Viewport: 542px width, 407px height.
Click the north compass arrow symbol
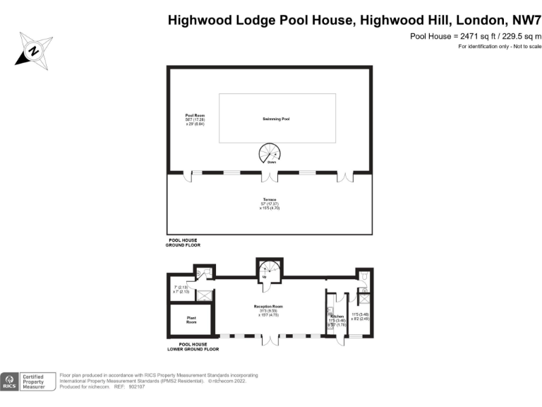[x=32, y=50]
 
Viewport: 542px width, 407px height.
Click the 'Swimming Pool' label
[x=277, y=119]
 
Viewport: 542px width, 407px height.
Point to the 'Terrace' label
[x=269, y=200]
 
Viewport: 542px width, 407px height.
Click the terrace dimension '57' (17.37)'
[x=269, y=204]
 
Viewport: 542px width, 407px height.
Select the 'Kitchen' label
[x=337, y=316]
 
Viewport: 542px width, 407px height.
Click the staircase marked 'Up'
[x=270, y=271]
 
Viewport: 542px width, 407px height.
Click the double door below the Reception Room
[x=269, y=341]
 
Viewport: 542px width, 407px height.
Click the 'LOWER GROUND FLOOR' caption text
[x=193, y=349]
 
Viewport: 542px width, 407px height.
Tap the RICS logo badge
[x=10, y=382]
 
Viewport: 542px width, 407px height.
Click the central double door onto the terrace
[x=269, y=177]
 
